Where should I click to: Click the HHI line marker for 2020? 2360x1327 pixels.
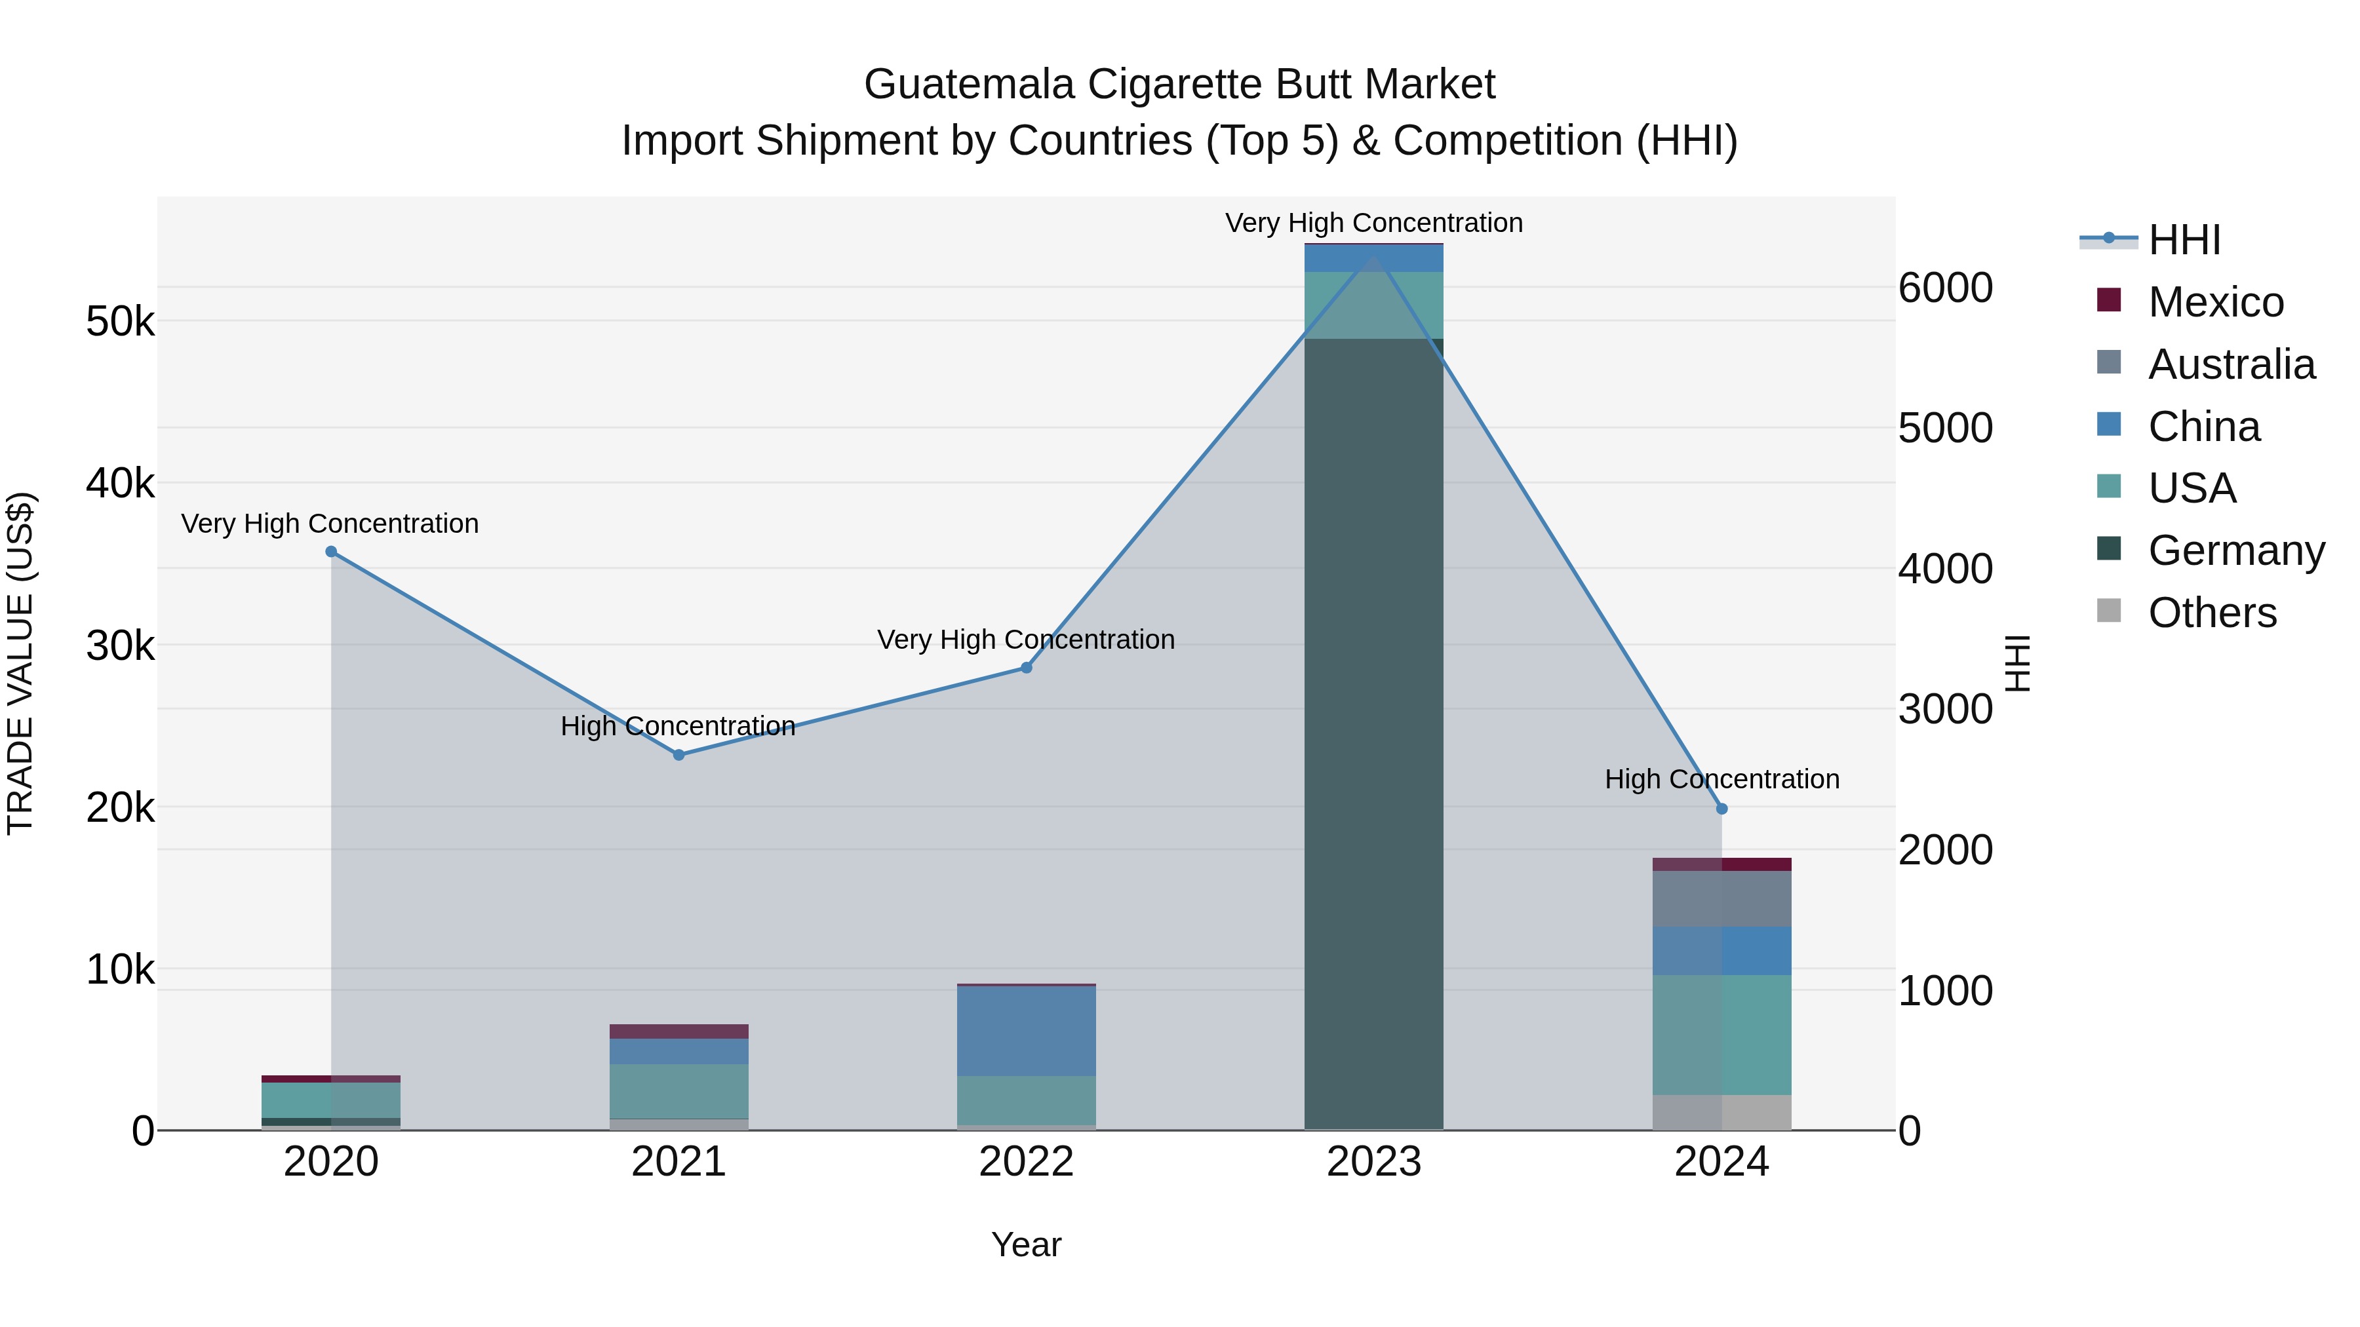(x=331, y=551)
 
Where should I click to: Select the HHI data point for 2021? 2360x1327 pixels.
(x=679, y=755)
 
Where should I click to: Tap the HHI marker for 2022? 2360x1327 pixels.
(x=1026, y=668)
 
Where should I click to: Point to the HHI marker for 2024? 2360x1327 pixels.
(x=1721, y=809)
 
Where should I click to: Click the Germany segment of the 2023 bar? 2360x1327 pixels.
(x=1373, y=733)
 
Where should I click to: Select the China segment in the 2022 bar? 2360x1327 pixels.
(x=1026, y=1030)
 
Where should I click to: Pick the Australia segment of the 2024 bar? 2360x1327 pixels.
(x=1721, y=898)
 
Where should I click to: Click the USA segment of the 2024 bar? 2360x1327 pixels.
(x=1721, y=1035)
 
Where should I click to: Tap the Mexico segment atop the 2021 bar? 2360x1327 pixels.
(x=679, y=1031)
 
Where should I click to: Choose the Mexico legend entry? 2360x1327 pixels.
(x=2214, y=302)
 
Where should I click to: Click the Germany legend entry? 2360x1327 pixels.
(x=2235, y=550)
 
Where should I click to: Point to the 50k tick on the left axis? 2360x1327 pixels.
(x=120, y=322)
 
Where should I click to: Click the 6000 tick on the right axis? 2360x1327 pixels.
(x=1945, y=288)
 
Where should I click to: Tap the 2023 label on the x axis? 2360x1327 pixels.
(x=1373, y=1162)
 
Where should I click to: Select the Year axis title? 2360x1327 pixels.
(x=1026, y=1244)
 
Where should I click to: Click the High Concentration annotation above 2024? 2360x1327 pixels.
(x=1721, y=779)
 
